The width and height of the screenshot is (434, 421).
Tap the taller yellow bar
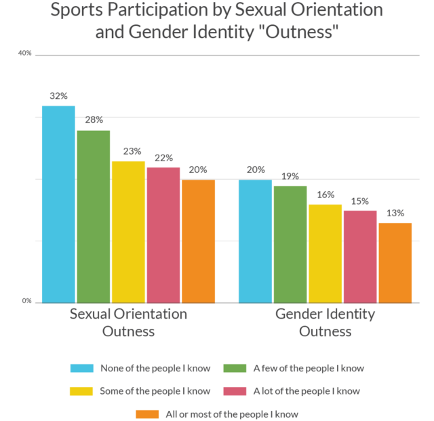pyautogui.click(x=129, y=231)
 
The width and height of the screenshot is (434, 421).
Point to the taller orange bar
pyautogui.click(x=199, y=241)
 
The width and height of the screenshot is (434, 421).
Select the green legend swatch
pyautogui.click(x=237, y=368)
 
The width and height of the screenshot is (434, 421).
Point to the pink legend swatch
pyautogui.click(x=237, y=391)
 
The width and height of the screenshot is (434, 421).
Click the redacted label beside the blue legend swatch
pyautogui.click(x=161, y=368)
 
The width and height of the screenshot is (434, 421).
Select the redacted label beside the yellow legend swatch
pyautogui.click(x=161, y=391)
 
